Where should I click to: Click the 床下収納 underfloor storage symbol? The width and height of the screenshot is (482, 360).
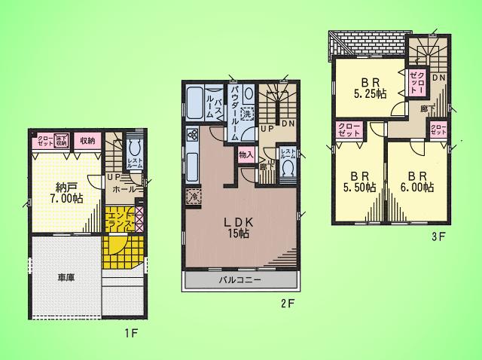click(63, 140)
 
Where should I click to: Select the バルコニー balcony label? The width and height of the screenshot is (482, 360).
click(240, 280)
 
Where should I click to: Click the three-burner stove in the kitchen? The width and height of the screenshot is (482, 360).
click(191, 136)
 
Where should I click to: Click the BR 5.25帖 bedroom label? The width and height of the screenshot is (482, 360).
click(371, 88)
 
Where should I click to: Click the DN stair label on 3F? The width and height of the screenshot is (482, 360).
click(438, 78)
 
